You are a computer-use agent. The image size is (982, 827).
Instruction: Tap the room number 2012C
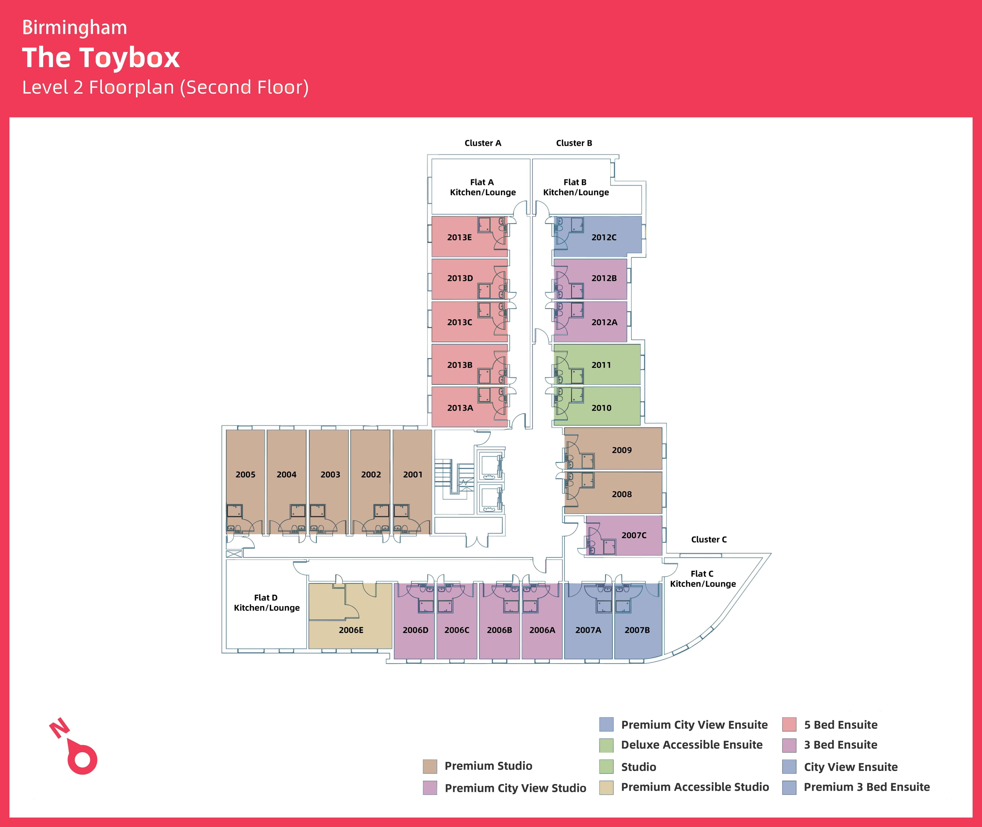coord(604,237)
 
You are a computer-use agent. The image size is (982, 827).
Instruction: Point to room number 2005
coord(245,474)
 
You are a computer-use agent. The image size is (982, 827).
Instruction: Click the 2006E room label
coord(351,630)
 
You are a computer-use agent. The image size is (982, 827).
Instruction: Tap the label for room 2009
coord(621,450)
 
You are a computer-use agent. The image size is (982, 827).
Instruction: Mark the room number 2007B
coord(637,630)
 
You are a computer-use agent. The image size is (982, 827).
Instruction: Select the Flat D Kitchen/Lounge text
coord(266,602)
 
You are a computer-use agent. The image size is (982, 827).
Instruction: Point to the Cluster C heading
coord(709,540)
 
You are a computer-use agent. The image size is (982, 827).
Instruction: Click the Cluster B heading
coord(574,143)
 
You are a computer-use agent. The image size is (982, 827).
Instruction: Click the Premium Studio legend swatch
coord(429,766)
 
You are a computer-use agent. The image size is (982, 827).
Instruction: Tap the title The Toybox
coord(101,58)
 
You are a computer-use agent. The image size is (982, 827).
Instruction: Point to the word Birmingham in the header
coord(74,28)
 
